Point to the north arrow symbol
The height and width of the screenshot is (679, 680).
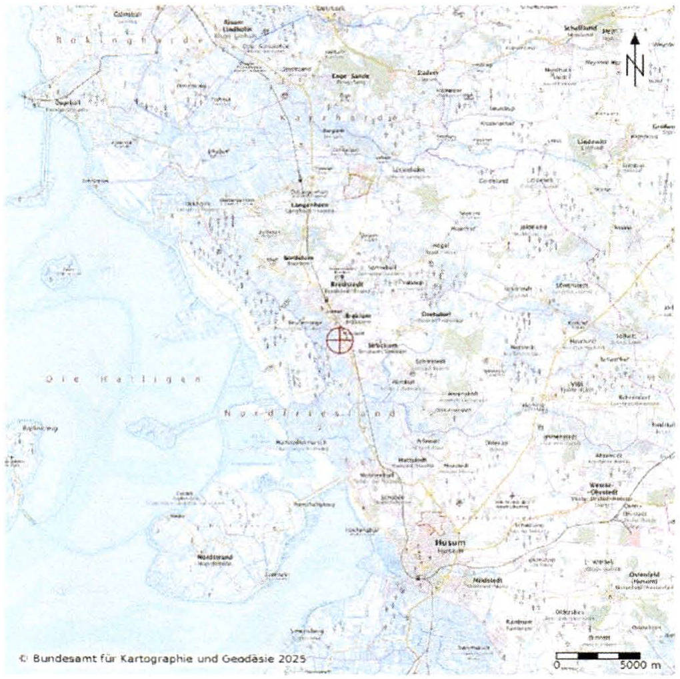pos(635,61)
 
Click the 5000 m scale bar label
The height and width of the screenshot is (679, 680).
pos(641,666)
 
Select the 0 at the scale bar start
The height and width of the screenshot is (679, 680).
pos(556,666)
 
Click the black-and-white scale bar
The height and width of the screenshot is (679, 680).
pos(598,656)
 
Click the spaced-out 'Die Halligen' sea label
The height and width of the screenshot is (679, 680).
pos(123,379)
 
